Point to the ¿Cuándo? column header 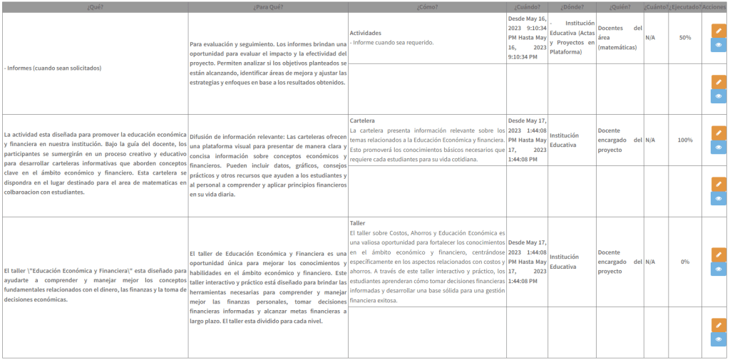click(526, 6)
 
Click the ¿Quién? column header click(618, 6)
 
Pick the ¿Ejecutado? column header click(685, 6)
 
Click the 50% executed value click(685, 38)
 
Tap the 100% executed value click(685, 140)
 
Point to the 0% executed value click(685, 262)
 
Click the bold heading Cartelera click(362, 120)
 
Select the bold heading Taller click(357, 223)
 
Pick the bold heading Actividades click(365, 33)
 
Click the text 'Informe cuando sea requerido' click(393, 42)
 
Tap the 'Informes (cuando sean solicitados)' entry click(53, 68)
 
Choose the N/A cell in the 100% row click(649, 140)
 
